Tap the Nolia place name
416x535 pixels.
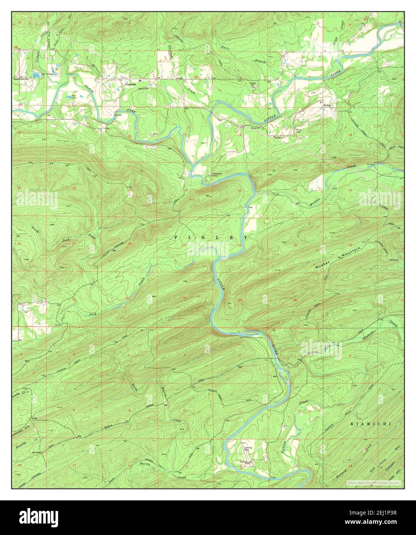(x=327, y=105)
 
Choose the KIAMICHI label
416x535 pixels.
(x=371, y=424)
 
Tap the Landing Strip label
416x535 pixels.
(x=248, y=449)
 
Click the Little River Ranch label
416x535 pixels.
(x=245, y=463)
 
